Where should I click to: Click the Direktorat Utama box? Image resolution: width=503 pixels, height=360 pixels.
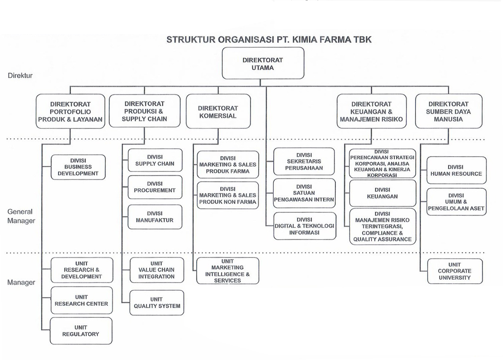pos(263,63)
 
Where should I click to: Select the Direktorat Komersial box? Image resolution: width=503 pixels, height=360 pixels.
pos(218,111)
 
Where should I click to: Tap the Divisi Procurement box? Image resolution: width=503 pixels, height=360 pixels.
pos(155,187)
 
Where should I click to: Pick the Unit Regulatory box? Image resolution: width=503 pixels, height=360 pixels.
pos(81,331)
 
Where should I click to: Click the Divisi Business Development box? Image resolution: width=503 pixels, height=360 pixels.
pos(78,167)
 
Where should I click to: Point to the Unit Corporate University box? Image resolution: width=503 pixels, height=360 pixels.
pos(455,271)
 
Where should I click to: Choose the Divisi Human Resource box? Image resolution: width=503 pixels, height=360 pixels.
pos(456,170)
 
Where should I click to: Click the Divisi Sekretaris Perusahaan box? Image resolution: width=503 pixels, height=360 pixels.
pos(304,161)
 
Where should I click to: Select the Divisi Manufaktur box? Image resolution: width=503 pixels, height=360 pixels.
pos(155,217)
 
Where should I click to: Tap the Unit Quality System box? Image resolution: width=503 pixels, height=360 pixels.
pos(157,302)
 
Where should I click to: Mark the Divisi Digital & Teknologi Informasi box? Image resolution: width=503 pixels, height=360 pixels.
pos(304,226)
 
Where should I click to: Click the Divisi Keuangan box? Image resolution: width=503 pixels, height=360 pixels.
pos(382,193)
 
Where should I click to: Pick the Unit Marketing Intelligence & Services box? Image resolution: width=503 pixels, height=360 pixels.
pos(227,271)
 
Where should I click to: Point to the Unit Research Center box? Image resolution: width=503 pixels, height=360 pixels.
pos(81,300)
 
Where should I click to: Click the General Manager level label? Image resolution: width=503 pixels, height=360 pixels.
pos(21,216)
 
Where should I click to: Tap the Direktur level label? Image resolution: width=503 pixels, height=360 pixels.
pos(20,75)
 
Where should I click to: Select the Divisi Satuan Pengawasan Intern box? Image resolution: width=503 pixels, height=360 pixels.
pos(304,193)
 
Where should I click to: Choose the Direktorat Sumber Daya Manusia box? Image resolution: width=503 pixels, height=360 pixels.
pos(448,111)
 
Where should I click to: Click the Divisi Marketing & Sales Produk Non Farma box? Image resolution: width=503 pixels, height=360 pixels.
pos(228,195)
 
